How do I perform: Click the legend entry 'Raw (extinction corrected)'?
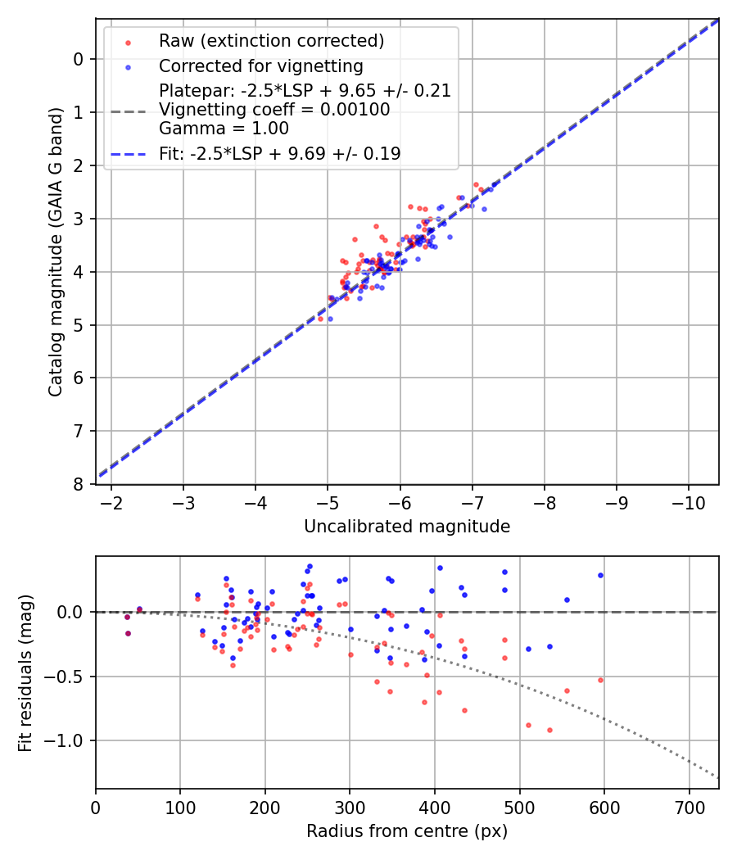(271, 41)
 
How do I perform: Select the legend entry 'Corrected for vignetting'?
(261, 66)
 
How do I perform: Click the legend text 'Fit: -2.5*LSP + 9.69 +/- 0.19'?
(280, 153)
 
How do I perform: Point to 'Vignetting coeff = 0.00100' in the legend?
(274, 110)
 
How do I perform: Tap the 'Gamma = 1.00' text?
(224, 128)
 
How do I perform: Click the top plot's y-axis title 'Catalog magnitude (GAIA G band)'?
(55, 251)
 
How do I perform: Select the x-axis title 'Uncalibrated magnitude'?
(407, 527)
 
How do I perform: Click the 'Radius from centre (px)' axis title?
(407, 831)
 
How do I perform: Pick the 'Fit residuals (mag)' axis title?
(25, 672)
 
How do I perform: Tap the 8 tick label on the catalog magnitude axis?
(78, 485)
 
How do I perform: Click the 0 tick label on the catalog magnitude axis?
(78, 59)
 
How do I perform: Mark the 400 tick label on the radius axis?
(435, 807)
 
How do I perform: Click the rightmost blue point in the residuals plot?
(600, 575)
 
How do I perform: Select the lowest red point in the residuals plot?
(549, 730)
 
